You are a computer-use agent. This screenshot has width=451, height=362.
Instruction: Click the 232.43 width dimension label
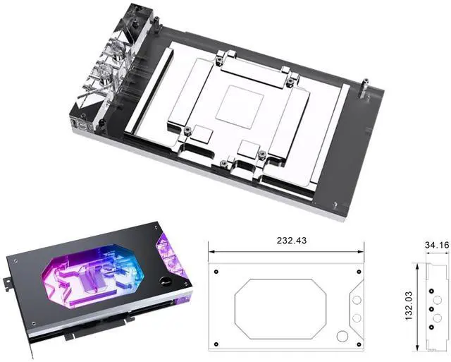tap(291, 240)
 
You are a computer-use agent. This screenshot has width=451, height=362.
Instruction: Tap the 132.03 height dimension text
tap(409, 306)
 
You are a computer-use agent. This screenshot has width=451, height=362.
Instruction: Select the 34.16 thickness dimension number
tap(437, 245)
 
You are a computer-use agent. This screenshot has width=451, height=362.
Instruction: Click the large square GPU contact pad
tap(240, 107)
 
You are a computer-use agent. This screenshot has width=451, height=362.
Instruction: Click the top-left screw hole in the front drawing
tap(216, 272)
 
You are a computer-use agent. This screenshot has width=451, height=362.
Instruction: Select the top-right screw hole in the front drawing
tap(359, 272)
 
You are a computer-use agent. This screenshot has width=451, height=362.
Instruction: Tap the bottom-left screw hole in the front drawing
tap(216, 344)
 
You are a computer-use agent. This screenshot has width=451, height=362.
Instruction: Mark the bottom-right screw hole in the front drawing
tap(359, 344)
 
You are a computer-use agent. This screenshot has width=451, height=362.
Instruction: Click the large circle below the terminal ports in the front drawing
tap(342, 336)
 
